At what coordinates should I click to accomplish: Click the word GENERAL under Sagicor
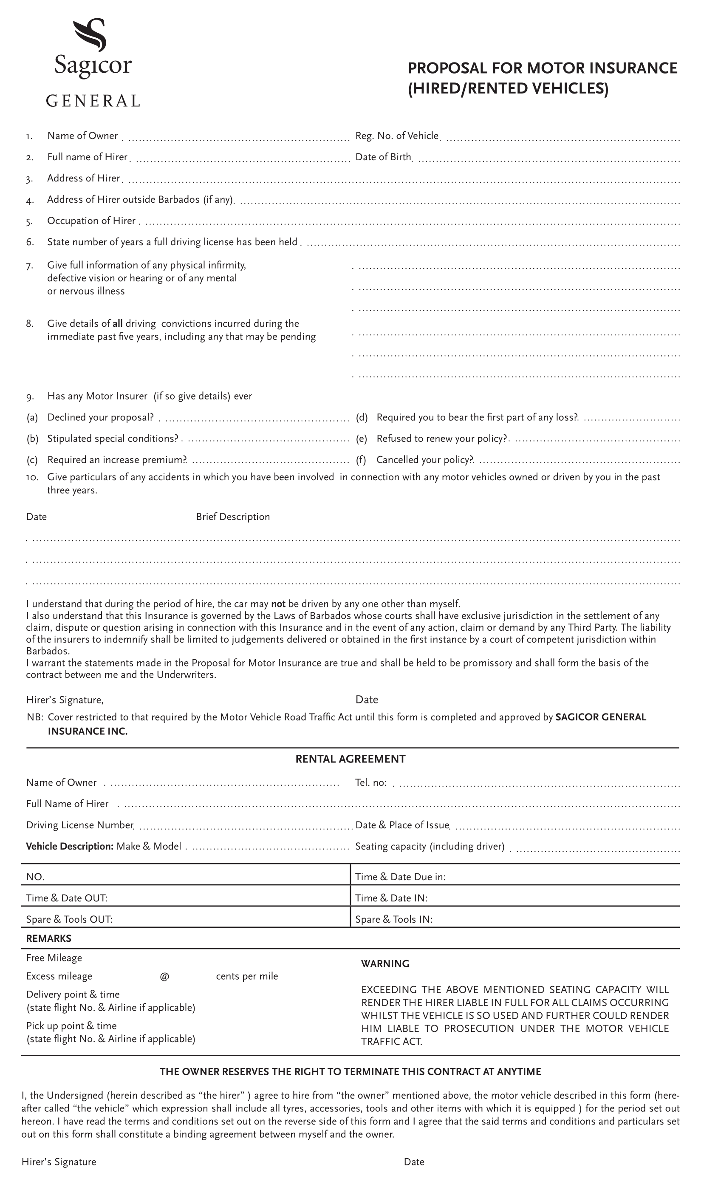tap(93, 101)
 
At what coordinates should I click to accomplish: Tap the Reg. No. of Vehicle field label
tap(397, 136)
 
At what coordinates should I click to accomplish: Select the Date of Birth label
tap(383, 157)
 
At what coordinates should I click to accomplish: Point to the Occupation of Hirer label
tap(91, 221)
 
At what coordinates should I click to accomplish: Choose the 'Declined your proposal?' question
tap(100, 417)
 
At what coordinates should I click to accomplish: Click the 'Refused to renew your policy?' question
tap(441, 439)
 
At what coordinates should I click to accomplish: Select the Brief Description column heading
tap(233, 517)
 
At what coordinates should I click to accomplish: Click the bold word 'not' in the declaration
tap(278, 604)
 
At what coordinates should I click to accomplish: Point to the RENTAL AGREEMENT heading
tap(350, 759)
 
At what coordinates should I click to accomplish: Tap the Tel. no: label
tap(371, 783)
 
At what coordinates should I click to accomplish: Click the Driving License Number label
tap(80, 825)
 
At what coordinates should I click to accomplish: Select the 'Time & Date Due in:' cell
tap(400, 877)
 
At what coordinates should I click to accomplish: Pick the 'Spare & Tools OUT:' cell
tap(69, 920)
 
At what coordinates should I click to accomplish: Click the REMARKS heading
tap(49, 939)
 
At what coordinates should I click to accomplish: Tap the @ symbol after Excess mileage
tap(164, 977)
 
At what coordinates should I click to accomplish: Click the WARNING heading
tap(385, 964)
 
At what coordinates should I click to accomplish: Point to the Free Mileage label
tap(54, 958)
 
